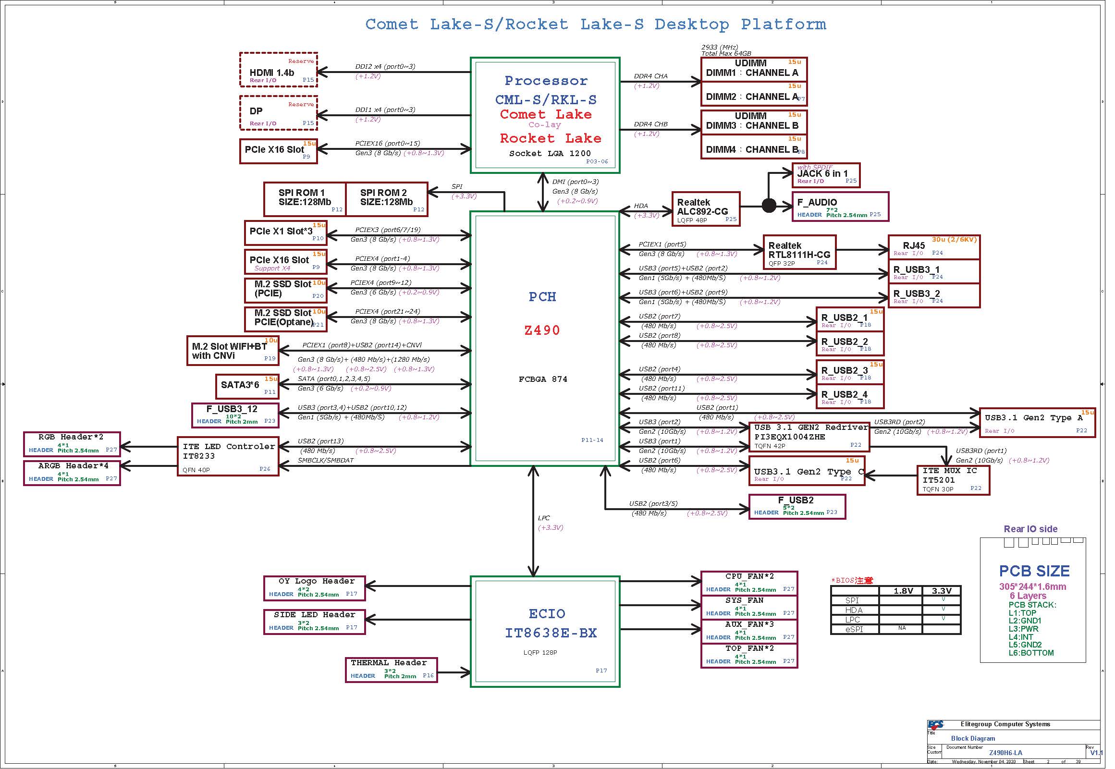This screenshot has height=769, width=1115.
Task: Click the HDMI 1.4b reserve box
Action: pyautogui.click(x=279, y=70)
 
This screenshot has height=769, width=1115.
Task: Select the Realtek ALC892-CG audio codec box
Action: pyautogui.click(x=705, y=209)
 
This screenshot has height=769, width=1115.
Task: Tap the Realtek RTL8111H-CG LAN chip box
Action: pyautogui.click(x=799, y=252)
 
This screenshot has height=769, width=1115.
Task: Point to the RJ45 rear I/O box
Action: pyautogui.click(x=933, y=247)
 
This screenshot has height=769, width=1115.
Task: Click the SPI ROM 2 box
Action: pyautogui.click(x=386, y=199)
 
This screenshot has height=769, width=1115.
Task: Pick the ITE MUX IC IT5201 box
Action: pyautogui.click(x=953, y=480)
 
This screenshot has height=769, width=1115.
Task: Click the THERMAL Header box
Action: pyautogui.click(x=391, y=670)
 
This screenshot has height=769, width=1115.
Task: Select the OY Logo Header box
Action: pyautogui.click(x=314, y=588)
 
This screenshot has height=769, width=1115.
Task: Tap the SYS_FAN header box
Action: pyautogui.click(x=749, y=607)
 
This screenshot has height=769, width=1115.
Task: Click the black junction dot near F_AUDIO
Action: pyautogui.click(x=769, y=206)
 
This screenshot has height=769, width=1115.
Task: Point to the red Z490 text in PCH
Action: pyautogui.click(x=542, y=330)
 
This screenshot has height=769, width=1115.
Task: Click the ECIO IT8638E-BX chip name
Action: pyautogui.click(x=551, y=633)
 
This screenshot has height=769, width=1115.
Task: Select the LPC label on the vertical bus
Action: pyautogui.click(x=543, y=518)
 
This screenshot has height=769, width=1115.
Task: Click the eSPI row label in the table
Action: pyautogui.click(x=854, y=629)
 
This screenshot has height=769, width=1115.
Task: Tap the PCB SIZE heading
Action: pyautogui.click(x=1034, y=571)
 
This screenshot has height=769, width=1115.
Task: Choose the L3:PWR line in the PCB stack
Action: pyautogui.click(x=1023, y=629)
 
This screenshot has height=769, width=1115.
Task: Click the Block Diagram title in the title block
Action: pyautogui.click(x=972, y=738)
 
